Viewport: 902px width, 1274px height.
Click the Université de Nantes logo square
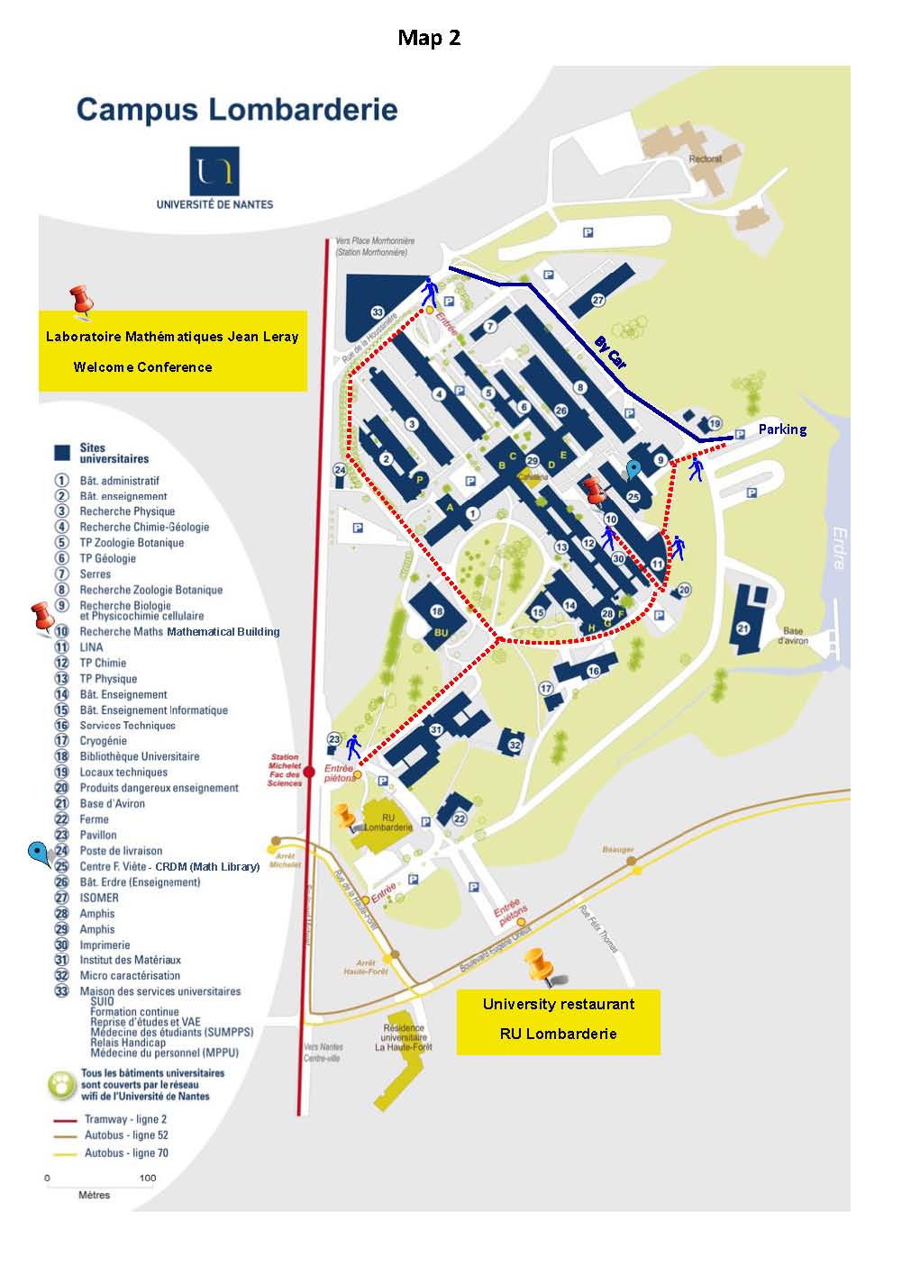[214, 170]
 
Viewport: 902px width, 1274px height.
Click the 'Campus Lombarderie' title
[237, 110]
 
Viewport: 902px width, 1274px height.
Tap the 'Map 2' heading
[429, 37]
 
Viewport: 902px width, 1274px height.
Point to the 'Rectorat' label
[705, 158]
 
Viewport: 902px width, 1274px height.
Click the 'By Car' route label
[610, 352]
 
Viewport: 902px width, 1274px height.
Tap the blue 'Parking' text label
[782, 429]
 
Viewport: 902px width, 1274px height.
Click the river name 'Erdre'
[838, 547]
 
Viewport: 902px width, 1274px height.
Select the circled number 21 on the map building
[743, 628]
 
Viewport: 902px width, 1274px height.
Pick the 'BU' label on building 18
[441, 633]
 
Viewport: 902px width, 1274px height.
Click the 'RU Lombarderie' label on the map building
[388, 823]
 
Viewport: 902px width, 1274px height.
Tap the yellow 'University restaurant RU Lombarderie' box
[558, 1021]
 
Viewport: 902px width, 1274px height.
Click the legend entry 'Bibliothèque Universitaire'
[140, 756]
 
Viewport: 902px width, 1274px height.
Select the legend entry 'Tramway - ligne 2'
[125, 1119]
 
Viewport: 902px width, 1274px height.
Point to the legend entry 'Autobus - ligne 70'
[126, 1152]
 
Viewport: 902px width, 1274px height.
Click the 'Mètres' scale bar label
[95, 1195]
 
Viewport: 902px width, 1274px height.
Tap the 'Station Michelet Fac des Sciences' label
[284, 770]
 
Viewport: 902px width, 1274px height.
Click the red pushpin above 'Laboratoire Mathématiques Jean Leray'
[82, 301]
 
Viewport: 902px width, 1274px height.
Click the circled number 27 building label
[597, 300]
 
